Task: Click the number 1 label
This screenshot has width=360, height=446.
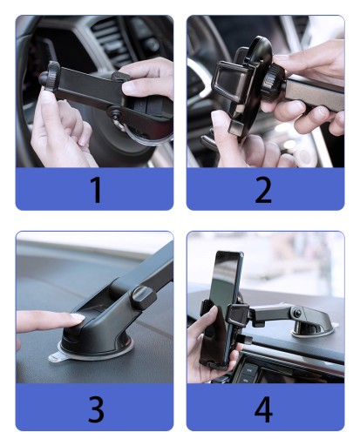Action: click(96, 189)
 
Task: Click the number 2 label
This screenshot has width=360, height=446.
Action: click(263, 189)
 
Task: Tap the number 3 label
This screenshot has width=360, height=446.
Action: click(96, 409)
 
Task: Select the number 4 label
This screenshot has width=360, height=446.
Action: click(263, 409)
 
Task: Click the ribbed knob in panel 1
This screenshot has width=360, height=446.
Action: click(54, 77)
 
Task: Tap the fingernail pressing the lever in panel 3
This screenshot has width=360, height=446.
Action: click(78, 317)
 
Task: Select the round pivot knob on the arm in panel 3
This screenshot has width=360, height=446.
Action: click(142, 298)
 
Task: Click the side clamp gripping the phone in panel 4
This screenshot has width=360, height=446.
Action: click(238, 314)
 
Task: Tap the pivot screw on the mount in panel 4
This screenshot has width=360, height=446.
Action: click(297, 314)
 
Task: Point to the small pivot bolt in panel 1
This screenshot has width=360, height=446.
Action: click(113, 111)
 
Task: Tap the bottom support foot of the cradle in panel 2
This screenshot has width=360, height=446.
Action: click(236, 127)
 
